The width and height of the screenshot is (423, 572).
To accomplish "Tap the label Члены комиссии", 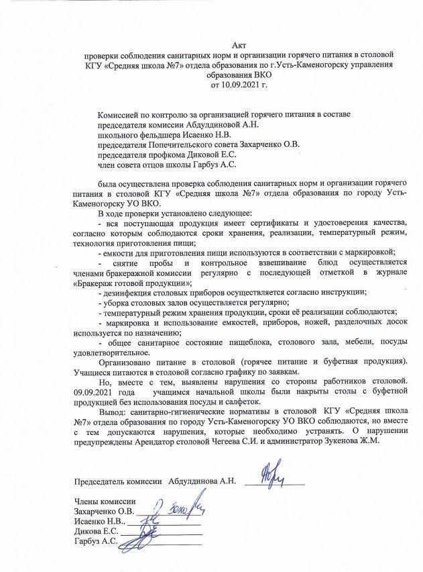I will click(x=104, y=502).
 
